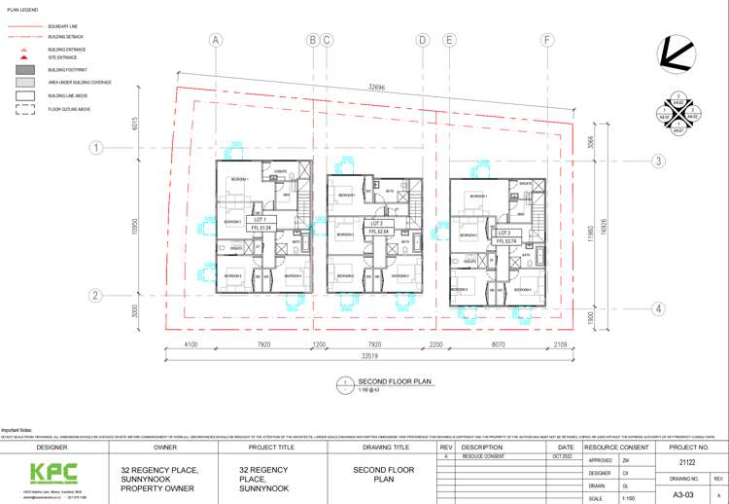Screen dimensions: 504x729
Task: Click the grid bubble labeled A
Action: coord(216,40)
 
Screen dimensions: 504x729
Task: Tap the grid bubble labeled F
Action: coord(548,40)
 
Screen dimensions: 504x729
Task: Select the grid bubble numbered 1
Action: coord(96,148)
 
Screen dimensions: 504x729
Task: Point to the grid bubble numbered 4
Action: coord(658,309)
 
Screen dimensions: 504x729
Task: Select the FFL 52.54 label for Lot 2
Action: coord(379,232)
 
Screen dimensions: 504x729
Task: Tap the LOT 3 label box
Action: coord(503,234)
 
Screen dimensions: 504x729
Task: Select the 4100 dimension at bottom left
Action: coord(191,343)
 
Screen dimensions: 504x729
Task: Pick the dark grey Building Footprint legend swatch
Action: coord(23,70)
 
